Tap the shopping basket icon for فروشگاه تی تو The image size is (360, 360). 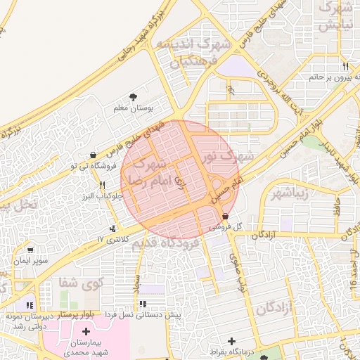94,155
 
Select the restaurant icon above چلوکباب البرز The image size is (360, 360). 103,186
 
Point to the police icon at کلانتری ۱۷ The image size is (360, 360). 112,229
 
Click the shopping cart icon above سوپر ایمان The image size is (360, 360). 30,250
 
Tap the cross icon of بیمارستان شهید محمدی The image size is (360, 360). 86,331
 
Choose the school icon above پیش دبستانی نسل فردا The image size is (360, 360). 143,304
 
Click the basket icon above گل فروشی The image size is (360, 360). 225,216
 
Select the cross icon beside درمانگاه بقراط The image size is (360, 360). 231,341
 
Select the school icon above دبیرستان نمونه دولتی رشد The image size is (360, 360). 30,304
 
